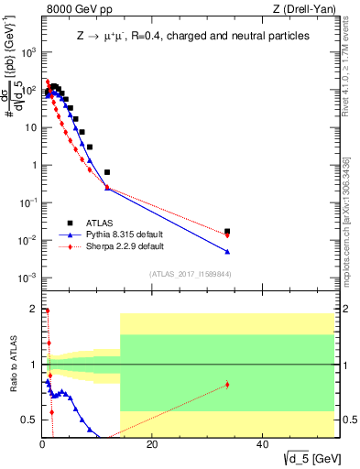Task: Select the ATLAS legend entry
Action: [x=98, y=222]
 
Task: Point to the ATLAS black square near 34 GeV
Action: [x=227, y=232]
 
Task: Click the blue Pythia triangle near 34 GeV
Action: [x=227, y=251]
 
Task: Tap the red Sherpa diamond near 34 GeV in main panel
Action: [x=227, y=235]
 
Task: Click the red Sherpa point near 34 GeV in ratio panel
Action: [x=227, y=385]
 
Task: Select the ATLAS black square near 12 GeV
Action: [x=107, y=172]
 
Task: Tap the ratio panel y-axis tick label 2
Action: [x=32, y=309]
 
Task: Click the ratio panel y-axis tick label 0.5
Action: [x=28, y=420]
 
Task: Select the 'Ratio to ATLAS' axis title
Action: [x=11, y=367]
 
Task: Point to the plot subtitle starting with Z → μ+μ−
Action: [x=192, y=36]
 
